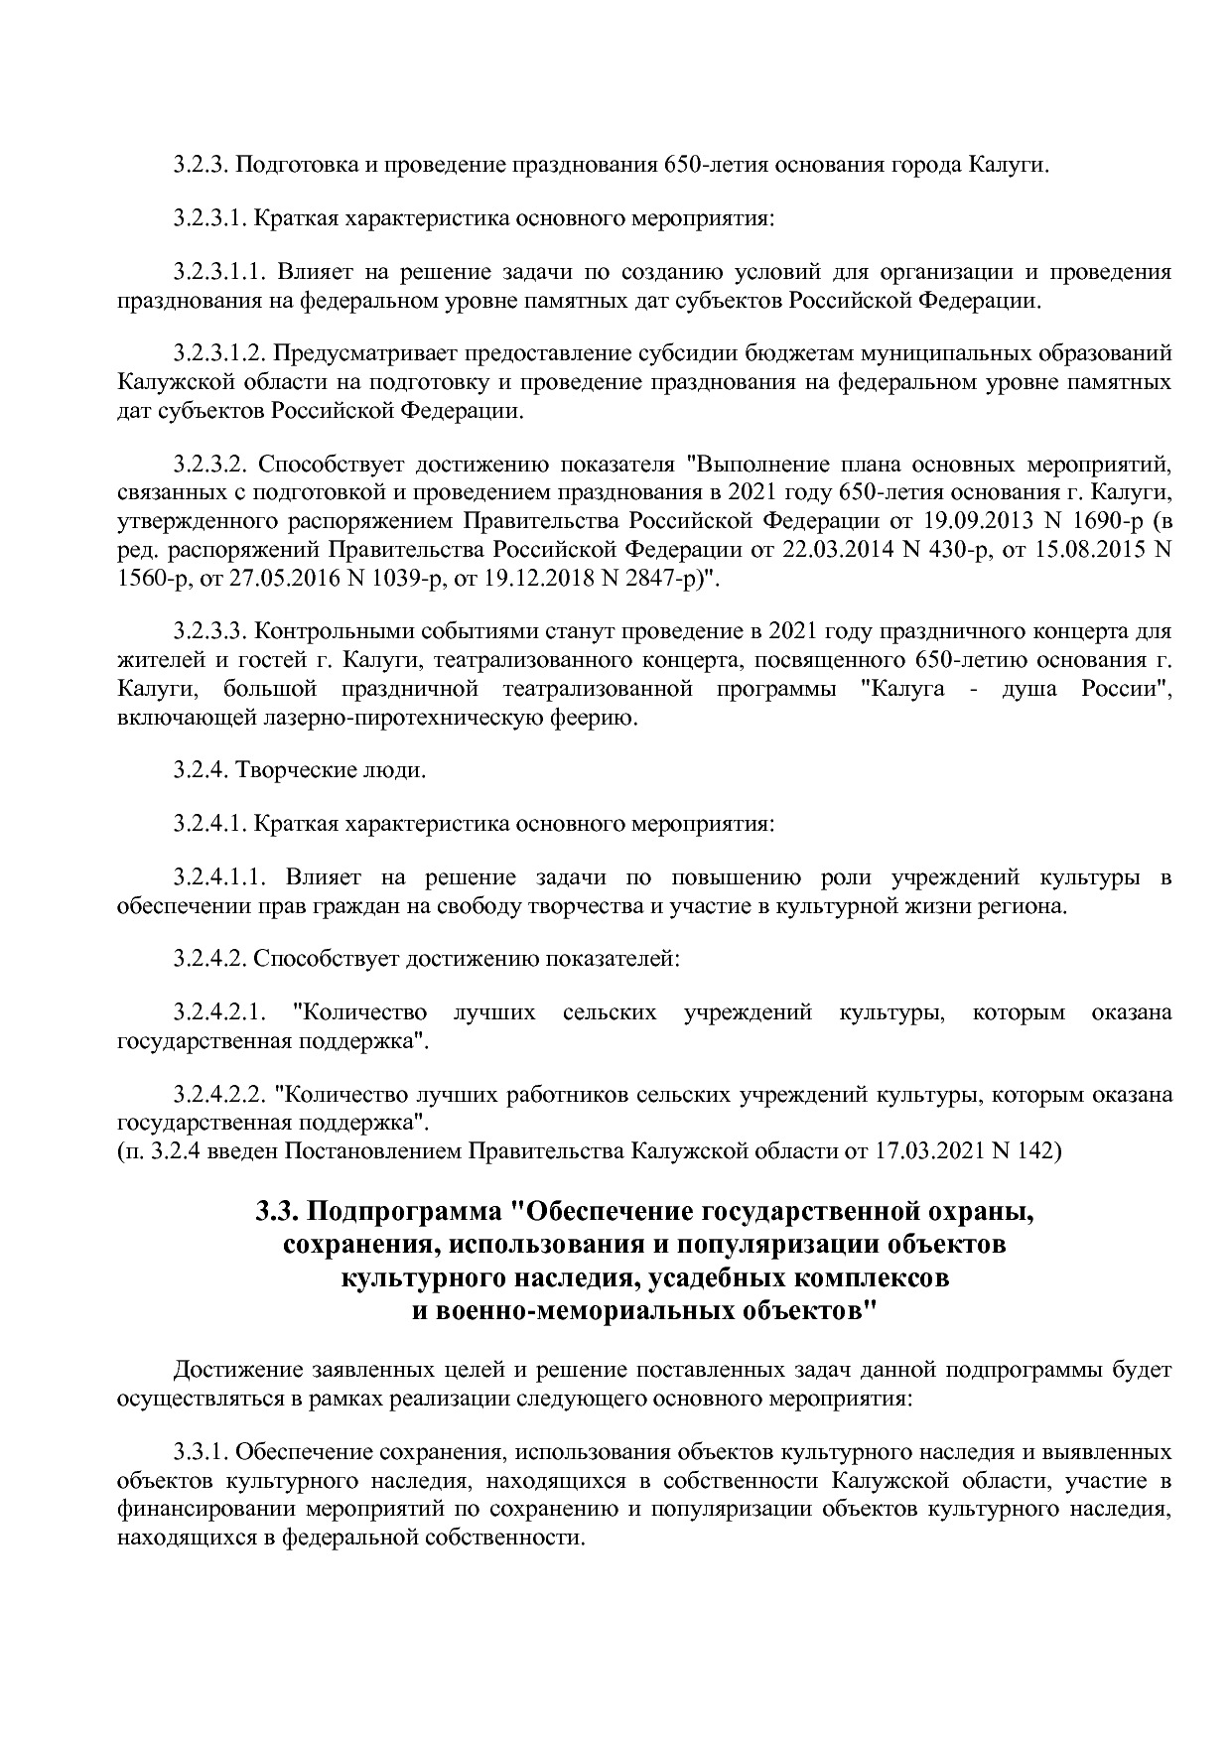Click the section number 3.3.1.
(x=202, y=1453)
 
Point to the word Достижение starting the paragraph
(x=237, y=1371)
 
